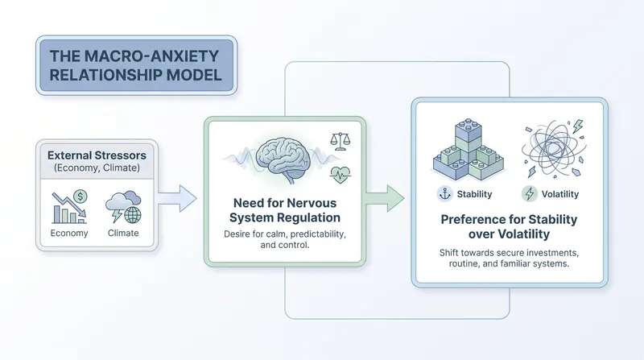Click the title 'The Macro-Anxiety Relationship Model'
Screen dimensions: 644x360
click(x=135, y=66)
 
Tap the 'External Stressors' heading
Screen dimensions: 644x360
click(x=97, y=155)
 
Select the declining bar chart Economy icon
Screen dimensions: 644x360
click(x=69, y=208)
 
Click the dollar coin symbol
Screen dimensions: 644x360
click(x=80, y=197)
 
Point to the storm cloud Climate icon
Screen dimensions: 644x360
click(x=123, y=207)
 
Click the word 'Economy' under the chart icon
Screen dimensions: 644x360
click(x=69, y=233)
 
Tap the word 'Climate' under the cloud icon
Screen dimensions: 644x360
click(x=123, y=233)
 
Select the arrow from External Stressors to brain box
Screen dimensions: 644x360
click(x=177, y=198)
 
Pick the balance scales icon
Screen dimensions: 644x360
click(x=341, y=141)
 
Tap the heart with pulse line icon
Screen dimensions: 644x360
click(x=340, y=175)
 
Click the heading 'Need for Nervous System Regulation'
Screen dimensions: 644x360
click(x=285, y=210)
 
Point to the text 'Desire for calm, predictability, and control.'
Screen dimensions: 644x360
click(x=285, y=239)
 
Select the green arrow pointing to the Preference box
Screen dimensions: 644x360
click(x=385, y=198)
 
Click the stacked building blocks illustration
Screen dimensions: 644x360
click(x=469, y=150)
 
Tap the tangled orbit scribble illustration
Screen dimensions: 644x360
click(x=554, y=149)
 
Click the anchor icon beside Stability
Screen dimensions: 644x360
click(x=445, y=193)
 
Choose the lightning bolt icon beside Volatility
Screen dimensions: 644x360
click(x=530, y=193)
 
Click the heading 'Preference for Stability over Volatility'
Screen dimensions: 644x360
click(x=509, y=226)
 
